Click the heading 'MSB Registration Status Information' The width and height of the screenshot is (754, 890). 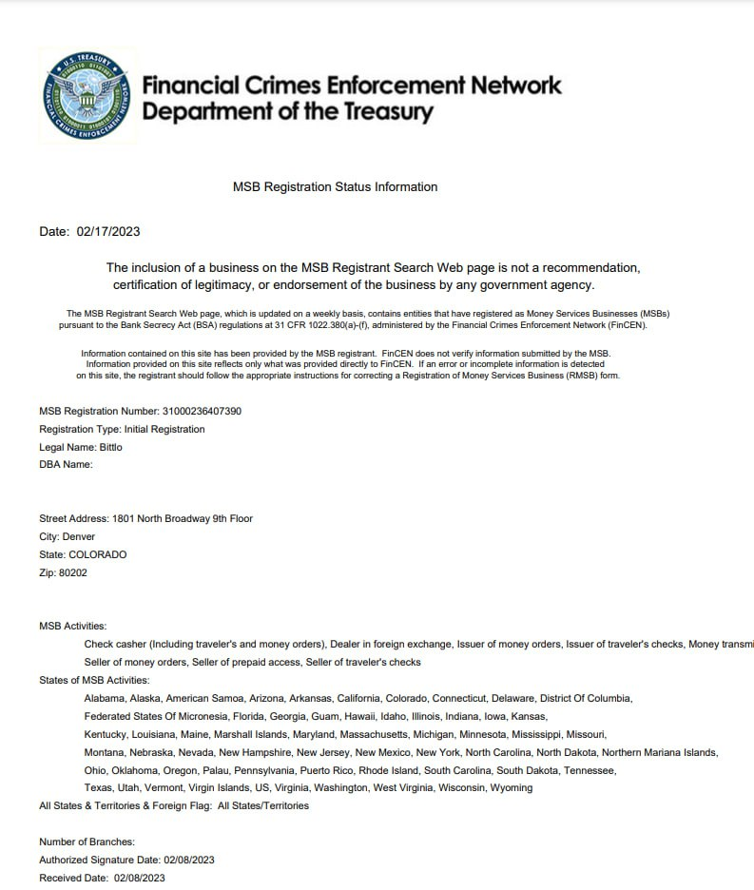click(335, 187)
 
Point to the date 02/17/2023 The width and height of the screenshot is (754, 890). click(108, 231)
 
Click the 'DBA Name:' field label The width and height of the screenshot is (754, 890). click(66, 465)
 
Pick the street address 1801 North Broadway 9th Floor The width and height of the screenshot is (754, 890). click(183, 518)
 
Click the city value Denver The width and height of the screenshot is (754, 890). click(79, 536)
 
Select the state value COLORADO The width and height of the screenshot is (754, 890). click(97, 554)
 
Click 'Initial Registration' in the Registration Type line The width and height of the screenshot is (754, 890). click(164, 430)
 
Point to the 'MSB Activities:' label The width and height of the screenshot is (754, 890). click(73, 627)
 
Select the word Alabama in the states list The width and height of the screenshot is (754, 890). click(105, 698)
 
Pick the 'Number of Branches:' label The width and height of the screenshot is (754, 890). click(87, 842)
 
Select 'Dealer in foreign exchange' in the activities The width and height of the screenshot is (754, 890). click(389, 645)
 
